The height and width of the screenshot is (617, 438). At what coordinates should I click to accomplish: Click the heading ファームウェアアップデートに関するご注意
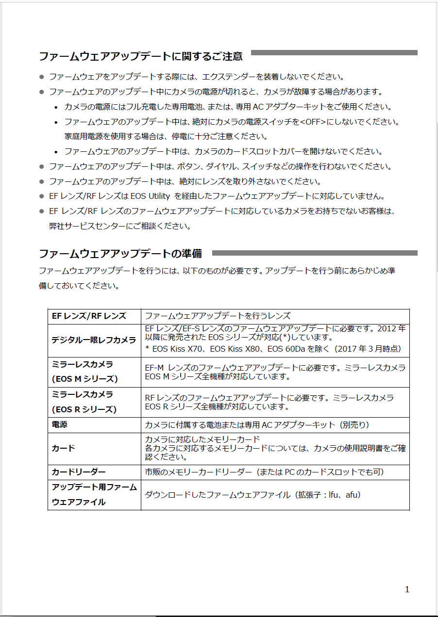[x=140, y=56]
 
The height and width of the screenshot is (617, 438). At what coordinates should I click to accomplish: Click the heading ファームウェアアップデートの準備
[x=120, y=254]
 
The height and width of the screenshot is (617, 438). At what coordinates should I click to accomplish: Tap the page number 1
[x=407, y=589]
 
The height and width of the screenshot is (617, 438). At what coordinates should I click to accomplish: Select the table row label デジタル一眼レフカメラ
[x=94, y=340]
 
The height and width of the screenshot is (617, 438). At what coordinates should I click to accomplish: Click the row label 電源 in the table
[x=60, y=425]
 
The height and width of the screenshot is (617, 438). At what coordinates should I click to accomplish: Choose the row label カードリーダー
[x=79, y=472]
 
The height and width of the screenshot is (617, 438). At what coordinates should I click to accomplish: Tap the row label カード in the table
[x=64, y=448]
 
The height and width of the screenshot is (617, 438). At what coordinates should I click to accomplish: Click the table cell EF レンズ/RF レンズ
[x=88, y=316]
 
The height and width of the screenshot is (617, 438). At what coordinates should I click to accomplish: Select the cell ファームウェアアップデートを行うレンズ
[x=218, y=316]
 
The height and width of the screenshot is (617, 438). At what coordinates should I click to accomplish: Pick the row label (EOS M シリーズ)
[x=84, y=378]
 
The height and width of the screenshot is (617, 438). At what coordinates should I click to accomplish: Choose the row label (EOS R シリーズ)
[x=84, y=409]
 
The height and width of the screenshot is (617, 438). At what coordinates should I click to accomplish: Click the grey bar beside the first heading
[x=334, y=52]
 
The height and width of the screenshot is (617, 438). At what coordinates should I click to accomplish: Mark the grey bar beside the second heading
[x=315, y=253]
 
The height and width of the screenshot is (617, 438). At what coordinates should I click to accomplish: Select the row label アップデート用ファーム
[x=94, y=487]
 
